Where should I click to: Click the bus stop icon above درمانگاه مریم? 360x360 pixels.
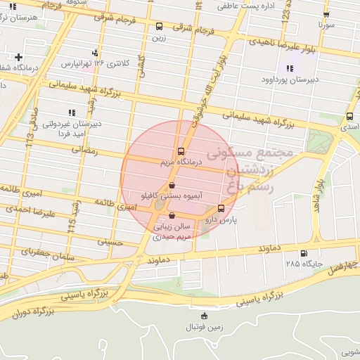[181, 151]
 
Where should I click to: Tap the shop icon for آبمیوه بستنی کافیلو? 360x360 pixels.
[172, 186]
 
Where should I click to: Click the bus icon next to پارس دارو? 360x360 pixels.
[221, 208]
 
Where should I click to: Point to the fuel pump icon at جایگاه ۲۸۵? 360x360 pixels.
[303, 254]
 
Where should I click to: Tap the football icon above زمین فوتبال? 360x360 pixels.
[204, 316]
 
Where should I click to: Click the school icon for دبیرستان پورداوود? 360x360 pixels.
[290, 68]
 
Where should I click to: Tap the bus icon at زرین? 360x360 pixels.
[159, 27]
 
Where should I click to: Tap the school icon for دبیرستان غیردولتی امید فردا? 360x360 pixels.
[71, 112]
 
